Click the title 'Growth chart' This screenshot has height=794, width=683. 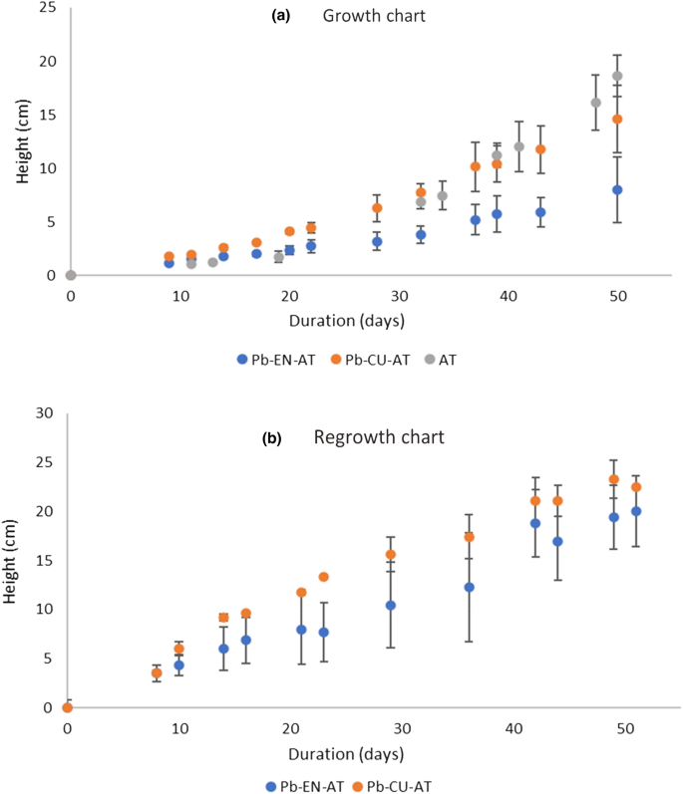363,16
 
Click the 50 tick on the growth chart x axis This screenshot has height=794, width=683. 617,297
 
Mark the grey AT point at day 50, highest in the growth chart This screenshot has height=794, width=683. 617,76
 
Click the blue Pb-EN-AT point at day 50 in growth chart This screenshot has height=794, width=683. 617,189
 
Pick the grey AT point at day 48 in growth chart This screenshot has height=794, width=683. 595,103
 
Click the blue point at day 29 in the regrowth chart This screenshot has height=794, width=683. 391,606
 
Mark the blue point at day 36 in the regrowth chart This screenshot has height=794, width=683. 470,588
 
